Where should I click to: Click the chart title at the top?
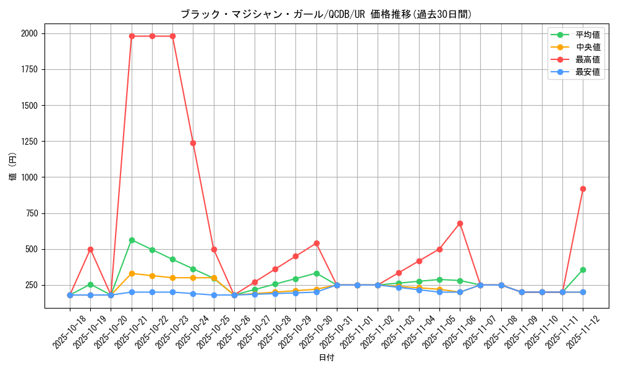click(326, 14)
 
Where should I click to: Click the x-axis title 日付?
click(326, 358)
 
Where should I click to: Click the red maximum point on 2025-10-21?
click(132, 36)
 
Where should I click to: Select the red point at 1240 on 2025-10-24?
click(193, 143)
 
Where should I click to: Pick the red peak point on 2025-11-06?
click(460, 223)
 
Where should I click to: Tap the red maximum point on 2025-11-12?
click(583, 189)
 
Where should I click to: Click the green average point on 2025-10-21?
click(132, 240)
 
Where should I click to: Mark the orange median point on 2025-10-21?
click(132, 273)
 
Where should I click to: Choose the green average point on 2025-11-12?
click(583, 270)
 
